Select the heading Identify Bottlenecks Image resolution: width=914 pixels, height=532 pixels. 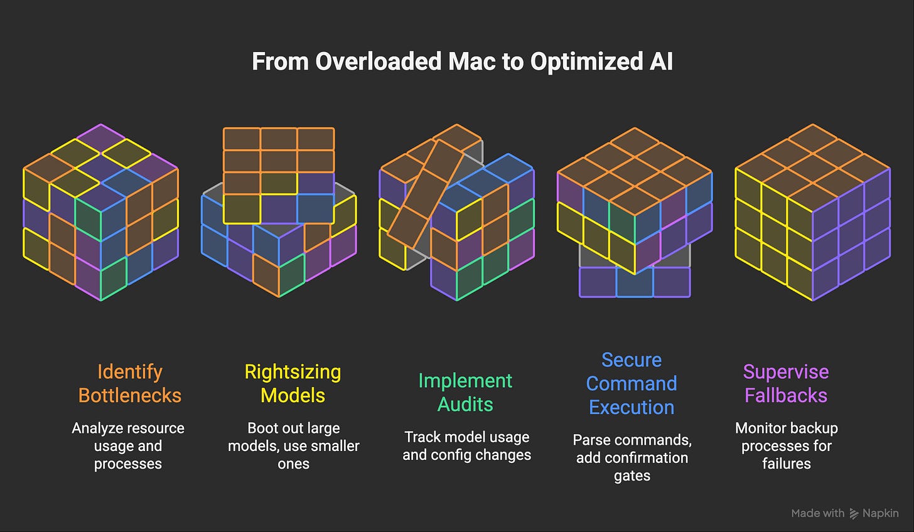(x=129, y=383)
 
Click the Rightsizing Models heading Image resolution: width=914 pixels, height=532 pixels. (x=293, y=383)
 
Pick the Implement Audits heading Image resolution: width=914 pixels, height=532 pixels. (x=465, y=392)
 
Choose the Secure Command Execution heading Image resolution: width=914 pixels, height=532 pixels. (x=632, y=383)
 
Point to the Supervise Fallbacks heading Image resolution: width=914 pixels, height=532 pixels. (x=786, y=383)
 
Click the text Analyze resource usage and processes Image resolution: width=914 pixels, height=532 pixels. (x=128, y=445)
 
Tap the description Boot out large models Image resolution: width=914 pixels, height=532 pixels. (x=293, y=445)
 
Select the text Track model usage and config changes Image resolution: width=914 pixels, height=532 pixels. (x=466, y=445)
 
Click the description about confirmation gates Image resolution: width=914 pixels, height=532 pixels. (x=632, y=458)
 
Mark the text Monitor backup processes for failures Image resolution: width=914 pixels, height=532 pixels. (x=786, y=445)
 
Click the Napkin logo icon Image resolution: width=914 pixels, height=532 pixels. (x=854, y=514)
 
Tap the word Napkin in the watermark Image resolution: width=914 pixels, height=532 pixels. (x=881, y=513)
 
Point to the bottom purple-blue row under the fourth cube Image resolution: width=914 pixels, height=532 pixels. (x=634, y=282)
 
